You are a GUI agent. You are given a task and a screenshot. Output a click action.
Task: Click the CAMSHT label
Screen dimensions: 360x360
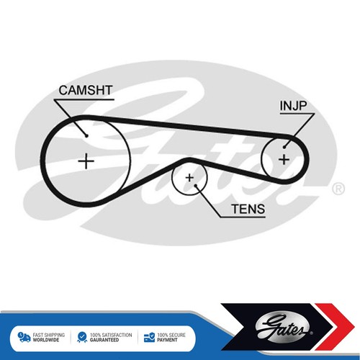(86, 91)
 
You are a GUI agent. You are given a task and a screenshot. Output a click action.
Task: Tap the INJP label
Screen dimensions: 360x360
(293, 106)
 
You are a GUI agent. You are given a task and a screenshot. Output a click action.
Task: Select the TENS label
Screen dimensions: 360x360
(248, 209)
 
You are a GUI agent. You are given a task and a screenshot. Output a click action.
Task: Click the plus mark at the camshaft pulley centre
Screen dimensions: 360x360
(86, 161)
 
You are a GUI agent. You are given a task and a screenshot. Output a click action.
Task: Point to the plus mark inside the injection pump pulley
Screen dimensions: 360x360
(284, 159)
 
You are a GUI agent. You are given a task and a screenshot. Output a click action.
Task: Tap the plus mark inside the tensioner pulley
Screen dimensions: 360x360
(189, 178)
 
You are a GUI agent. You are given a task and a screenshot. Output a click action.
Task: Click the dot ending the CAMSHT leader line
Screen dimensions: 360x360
(87, 136)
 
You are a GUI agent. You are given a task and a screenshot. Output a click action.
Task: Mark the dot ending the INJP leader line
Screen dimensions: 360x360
(284, 147)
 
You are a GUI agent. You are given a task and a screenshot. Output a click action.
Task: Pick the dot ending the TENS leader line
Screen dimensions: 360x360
(196, 186)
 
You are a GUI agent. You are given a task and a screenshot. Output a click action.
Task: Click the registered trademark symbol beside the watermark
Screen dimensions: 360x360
(338, 189)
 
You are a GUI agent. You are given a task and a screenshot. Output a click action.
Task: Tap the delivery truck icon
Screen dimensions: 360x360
(24, 337)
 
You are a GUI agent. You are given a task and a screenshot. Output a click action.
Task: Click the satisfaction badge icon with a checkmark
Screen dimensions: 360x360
(82, 337)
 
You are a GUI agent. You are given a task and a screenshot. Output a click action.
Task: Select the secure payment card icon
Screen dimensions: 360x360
(149, 337)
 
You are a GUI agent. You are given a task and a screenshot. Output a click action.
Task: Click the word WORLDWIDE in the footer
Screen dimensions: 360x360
(46, 340)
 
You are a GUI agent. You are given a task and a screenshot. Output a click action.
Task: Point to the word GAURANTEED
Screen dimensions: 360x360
(104, 340)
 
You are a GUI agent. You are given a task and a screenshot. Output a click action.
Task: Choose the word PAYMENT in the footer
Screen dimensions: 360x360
(167, 340)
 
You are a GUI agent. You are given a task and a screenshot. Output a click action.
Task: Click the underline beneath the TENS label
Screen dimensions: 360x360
(243, 217)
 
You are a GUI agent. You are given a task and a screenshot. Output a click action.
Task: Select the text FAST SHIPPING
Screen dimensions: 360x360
(49, 335)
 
